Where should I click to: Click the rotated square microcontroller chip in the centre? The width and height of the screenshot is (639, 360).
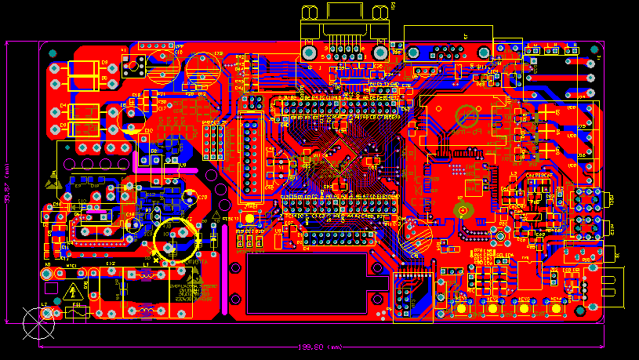[337, 161]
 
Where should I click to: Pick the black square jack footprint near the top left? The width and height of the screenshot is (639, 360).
[133, 66]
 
